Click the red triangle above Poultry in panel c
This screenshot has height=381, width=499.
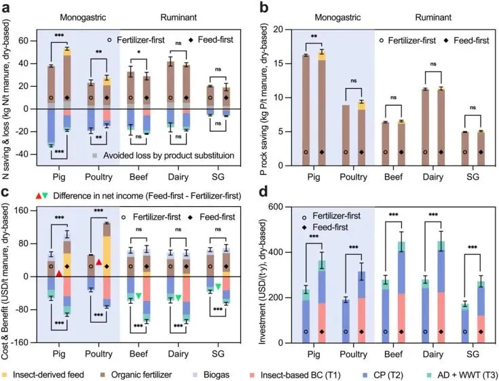98,262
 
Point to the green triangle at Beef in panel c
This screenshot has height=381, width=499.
138,296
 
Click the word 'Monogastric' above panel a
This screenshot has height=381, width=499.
80,15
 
